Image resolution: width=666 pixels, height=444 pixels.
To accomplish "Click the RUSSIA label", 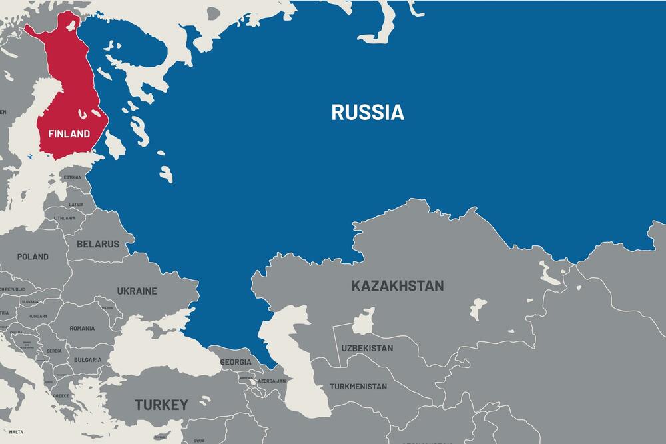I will tap(368, 112).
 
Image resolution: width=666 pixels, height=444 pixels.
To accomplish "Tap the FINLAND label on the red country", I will tap(69, 134).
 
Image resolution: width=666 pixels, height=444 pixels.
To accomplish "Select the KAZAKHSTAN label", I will tap(397, 286).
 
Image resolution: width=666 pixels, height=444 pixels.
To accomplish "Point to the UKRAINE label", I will tap(137, 291).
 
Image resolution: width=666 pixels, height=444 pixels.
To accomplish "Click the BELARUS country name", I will tap(98, 244).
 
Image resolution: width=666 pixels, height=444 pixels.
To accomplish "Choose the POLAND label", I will tap(33, 257).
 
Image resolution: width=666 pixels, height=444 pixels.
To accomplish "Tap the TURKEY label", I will tap(161, 405).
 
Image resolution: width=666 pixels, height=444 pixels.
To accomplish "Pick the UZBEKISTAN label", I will tap(367, 348).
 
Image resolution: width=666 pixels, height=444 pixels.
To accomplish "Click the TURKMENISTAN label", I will tap(358, 387).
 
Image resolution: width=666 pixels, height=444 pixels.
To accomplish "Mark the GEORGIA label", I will tap(236, 362).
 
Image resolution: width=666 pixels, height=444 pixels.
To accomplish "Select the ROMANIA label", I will tap(82, 328).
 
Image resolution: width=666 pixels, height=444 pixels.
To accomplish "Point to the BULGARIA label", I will tap(87, 360).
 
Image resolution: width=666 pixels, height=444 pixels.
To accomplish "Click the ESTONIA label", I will tap(72, 177).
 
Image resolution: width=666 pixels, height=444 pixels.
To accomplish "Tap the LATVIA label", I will tap(77, 205).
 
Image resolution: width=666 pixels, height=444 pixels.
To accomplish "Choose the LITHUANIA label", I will tap(65, 218).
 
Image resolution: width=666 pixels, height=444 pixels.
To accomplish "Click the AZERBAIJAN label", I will tap(272, 381).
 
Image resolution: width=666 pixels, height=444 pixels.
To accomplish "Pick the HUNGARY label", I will tap(37, 316).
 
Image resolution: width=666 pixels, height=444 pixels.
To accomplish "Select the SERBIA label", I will tap(54, 351).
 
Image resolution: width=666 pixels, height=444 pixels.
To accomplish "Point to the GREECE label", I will tap(61, 395).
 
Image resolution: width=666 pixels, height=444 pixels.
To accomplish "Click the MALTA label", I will tap(15, 432).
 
